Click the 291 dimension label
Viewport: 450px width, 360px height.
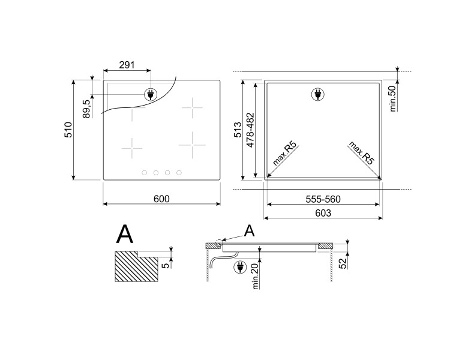pos(127,65)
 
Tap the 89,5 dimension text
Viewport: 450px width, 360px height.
pos(87,109)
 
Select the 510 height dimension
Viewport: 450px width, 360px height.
pos(68,130)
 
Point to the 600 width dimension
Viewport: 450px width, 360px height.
pos(161,199)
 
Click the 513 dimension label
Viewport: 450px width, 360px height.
pos(238,130)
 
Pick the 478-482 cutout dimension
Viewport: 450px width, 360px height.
pos(250,130)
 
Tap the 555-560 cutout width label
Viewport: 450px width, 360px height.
pos(323,199)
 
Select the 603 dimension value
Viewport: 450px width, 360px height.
pos(323,213)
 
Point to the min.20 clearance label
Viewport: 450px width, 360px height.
pos(256,276)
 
